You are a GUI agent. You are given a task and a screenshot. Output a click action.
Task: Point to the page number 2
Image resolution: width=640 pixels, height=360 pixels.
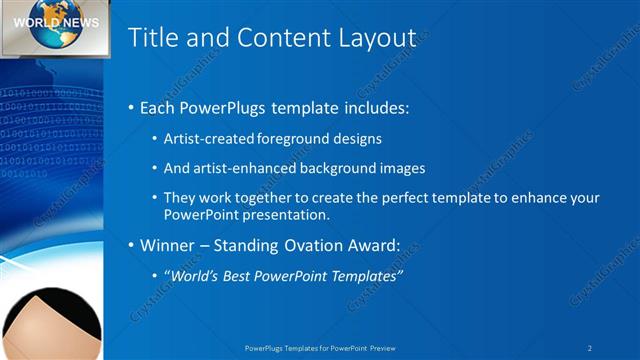coord(590,347)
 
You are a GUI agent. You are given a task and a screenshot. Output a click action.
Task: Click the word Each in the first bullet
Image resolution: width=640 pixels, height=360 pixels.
coord(159,107)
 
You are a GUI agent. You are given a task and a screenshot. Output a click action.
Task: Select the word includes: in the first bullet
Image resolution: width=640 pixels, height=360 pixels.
coord(376,107)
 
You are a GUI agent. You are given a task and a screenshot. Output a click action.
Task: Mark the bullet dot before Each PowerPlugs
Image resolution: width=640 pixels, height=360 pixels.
coord(131,108)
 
